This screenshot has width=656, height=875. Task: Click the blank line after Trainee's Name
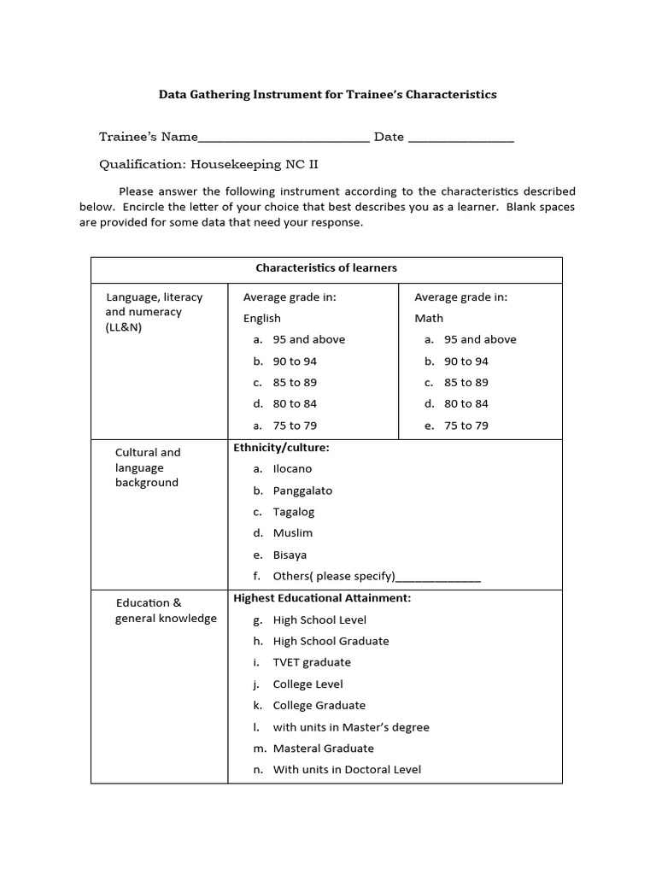click(x=284, y=138)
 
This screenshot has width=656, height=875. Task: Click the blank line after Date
click(x=461, y=138)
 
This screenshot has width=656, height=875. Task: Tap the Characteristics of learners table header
click(x=326, y=268)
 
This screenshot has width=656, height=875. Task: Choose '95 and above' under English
click(x=308, y=339)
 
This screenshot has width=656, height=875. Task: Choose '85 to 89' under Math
click(x=466, y=383)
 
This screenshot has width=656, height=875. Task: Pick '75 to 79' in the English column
click(x=295, y=426)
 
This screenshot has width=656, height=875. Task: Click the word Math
click(x=429, y=318)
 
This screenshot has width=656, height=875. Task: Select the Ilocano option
click(x=292, y=469)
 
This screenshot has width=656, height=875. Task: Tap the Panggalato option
click(x=302, y=490)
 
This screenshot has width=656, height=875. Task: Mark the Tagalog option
click(x=294, y=512)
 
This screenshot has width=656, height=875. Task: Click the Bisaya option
click(x=290, y=555)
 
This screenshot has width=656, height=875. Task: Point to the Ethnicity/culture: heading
click(x=281, y=447)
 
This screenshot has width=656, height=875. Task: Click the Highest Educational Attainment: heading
click(x=322, y=598)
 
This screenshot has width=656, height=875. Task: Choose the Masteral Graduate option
click(x=323, y=749)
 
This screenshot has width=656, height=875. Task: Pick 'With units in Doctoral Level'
click(x=347, y=770)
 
